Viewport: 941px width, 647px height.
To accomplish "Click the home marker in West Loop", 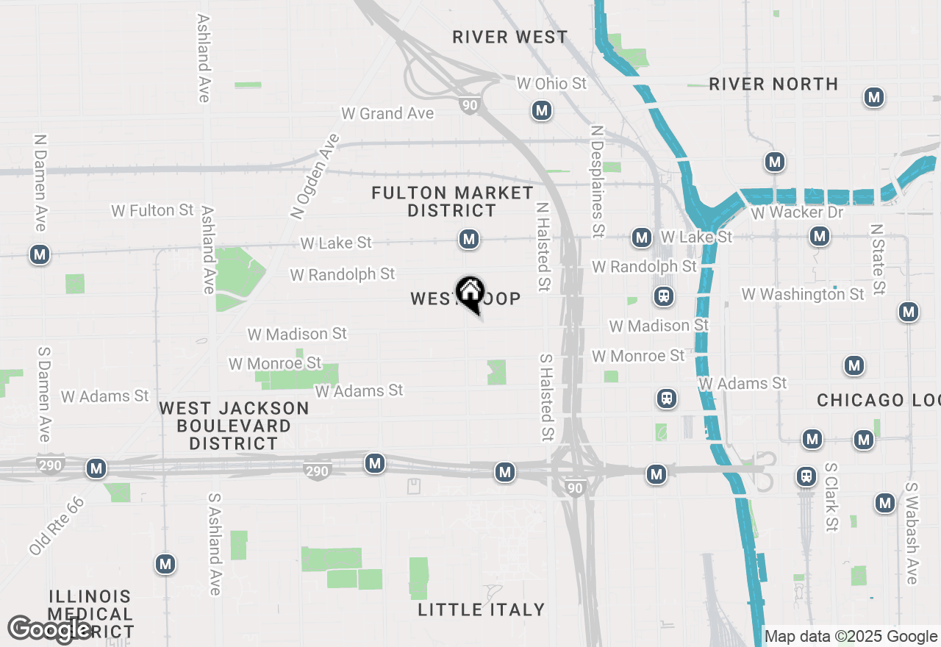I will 470,293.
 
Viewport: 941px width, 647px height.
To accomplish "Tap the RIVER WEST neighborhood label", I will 510,37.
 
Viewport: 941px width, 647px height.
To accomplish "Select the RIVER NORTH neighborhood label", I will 773,85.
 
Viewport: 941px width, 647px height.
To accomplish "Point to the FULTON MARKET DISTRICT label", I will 452,201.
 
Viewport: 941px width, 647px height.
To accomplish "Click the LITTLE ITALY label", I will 482,610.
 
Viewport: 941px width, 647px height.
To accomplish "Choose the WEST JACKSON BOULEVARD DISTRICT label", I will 234,426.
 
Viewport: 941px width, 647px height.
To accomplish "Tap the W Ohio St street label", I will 551,84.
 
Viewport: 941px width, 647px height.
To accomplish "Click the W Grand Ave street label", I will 387,113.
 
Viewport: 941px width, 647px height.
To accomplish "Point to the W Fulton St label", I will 153,210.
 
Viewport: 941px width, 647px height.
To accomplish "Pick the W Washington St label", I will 803,294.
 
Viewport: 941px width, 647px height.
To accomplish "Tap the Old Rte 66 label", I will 57,526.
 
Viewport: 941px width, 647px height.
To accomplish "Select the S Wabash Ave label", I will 912,533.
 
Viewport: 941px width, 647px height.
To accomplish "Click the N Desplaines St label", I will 597,181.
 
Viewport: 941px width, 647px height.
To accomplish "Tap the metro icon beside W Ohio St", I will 542,111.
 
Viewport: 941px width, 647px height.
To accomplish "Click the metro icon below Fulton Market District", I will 469,239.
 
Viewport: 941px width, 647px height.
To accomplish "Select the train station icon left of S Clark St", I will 806,476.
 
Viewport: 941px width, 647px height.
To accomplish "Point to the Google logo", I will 49,629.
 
